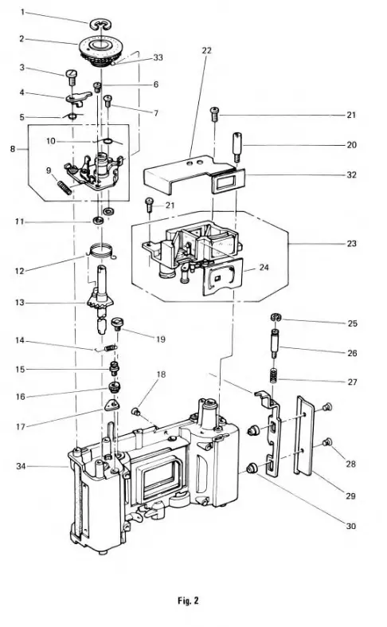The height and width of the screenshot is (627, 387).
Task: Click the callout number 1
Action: [x=22, y=12]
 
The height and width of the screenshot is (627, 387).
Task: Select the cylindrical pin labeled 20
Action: [x=237, y=146]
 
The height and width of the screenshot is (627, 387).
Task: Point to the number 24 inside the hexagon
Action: [x=263, y=268]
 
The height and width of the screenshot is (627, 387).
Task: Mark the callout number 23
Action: [x=352, y=243]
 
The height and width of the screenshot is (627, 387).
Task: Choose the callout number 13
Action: [x=22, y=304]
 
